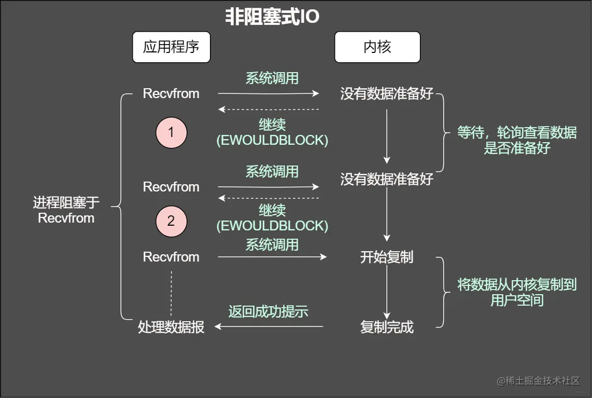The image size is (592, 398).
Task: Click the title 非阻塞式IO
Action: coord(272,17)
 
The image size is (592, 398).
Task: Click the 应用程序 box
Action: coord(171,47)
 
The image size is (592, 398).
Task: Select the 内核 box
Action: coord(377,47)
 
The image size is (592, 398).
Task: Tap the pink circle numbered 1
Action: coord(171,133)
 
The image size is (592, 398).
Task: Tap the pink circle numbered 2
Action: coord(171,222)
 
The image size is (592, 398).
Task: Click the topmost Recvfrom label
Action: coord(171,94)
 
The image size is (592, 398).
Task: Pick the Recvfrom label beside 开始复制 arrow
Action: coord(171,257)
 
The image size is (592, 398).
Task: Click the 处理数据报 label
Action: coord(171,327)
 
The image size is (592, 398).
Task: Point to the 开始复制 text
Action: coord(387,257)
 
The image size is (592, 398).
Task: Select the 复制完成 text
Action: coord(387,327)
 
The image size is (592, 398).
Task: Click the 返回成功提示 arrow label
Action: coord(269,311)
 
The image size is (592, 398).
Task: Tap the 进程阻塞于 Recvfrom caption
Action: coord(66,210)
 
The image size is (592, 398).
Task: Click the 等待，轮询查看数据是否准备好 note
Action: coord(516,140)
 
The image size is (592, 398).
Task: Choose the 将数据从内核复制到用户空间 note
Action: coord(516,292)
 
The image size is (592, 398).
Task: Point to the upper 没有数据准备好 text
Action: coord(387,94)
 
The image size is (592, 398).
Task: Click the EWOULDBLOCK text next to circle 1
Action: coord(272,140)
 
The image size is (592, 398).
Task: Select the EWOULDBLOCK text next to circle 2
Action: coord(272,226)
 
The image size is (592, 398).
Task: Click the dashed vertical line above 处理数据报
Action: coord(171,293)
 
